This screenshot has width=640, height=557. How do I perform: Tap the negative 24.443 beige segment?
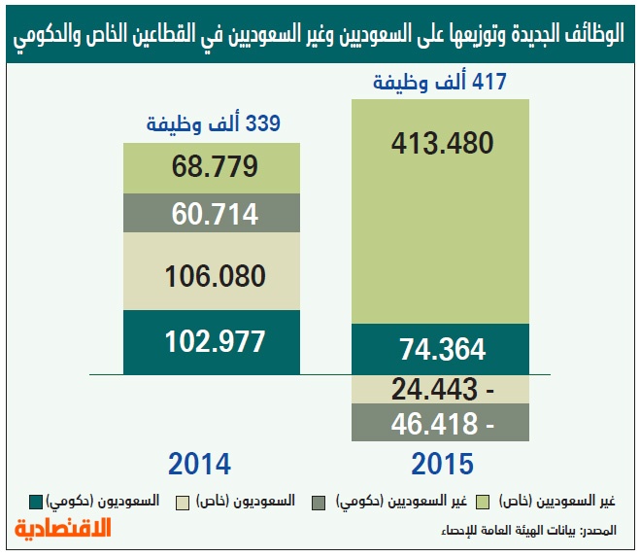tap(442, 390)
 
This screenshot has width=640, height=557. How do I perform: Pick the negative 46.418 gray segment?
tap(442, 424)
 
